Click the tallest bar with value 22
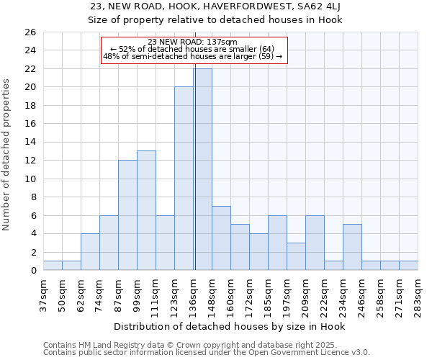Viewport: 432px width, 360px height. (x=202, y=169)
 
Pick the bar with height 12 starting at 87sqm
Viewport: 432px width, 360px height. (x=127, y=215)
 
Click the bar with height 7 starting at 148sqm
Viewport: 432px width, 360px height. (x=221, y=238)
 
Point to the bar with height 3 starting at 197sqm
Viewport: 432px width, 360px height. (x=296, y=256)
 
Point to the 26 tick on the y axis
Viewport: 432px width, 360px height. (x=30, y=32)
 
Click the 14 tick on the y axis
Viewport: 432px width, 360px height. (x=30, y=142)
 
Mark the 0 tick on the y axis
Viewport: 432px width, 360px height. (x=32, y=271)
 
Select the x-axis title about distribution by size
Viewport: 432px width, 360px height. (x=230, y=327)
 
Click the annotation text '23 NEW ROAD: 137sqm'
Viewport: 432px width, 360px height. (x=193, y=42)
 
